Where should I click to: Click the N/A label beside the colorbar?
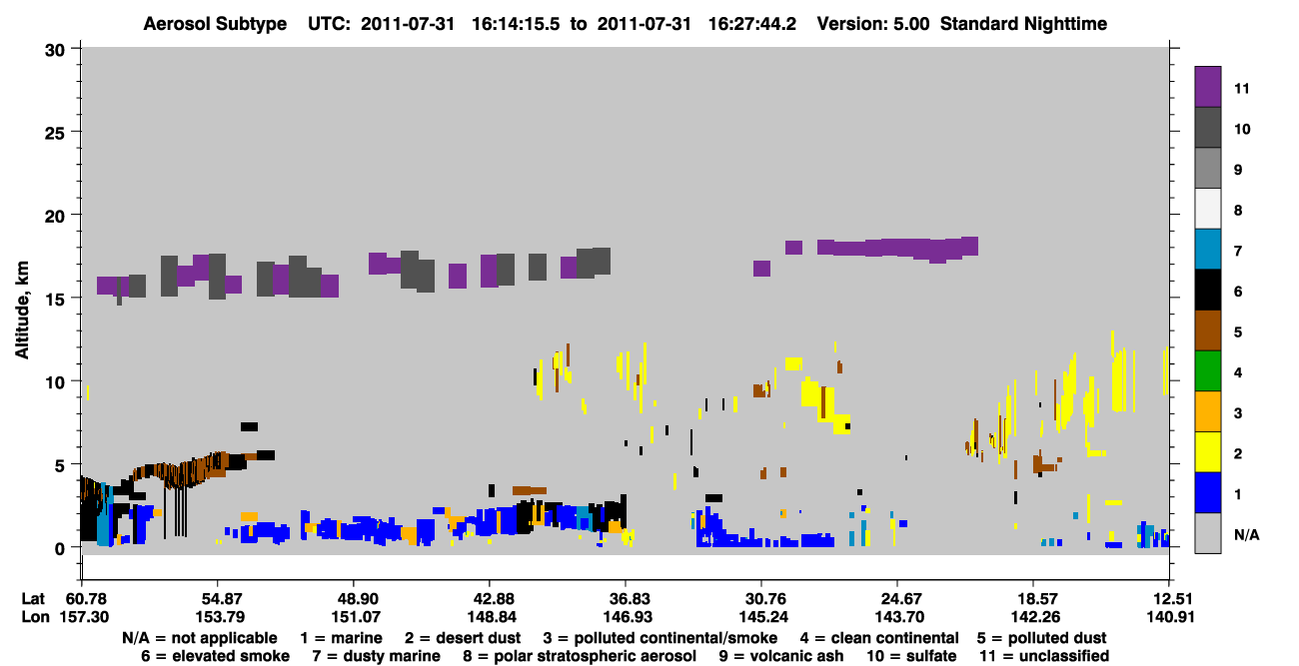click(1246, 534)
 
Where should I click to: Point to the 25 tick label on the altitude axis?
click(55, 134)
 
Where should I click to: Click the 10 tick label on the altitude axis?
click(55, 382)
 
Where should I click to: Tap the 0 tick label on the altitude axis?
click(60, 549)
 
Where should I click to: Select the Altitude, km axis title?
click(21, 310)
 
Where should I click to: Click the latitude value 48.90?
click(355, 599)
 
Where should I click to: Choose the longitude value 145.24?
click(762, 617)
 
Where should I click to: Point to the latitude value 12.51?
click(1170, 599)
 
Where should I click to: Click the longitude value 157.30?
click(84, 617)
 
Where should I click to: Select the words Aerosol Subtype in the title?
click(215, 24)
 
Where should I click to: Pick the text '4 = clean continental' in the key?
click(879, 638)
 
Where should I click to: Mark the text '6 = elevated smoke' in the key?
click(215, 656)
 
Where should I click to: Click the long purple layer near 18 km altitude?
click(897, 248)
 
